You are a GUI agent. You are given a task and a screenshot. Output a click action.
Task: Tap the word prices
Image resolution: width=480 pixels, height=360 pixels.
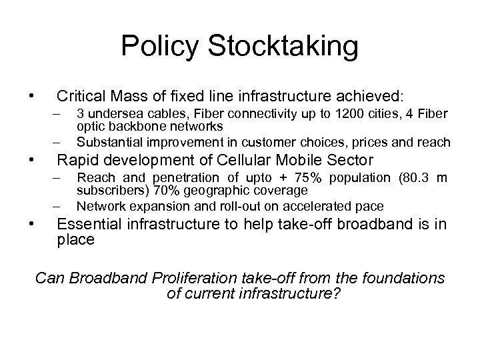click(x=365, y=142)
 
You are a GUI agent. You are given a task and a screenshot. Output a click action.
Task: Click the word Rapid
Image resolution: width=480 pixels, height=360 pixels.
click(x=77, y=160)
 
